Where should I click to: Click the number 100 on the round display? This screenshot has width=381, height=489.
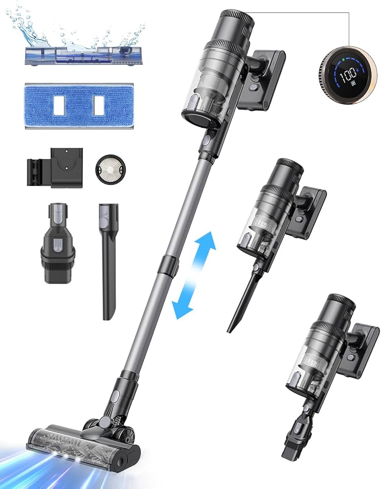click(x=347, y=74)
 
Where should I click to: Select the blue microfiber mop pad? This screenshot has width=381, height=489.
click(x=79, y=106)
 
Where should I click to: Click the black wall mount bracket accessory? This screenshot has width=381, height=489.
click(x=55, y=168)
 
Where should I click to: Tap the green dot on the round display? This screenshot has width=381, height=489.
click(x=343, y=59)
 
